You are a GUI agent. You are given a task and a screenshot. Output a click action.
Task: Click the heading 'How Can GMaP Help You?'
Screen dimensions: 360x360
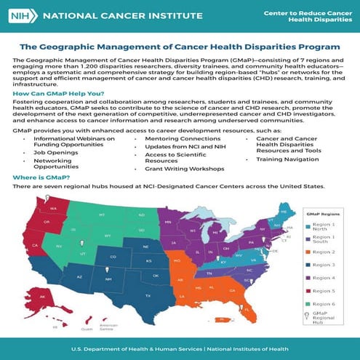[x=58, y=95]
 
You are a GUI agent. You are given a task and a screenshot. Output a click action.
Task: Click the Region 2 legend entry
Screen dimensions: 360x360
[x=321, y=252]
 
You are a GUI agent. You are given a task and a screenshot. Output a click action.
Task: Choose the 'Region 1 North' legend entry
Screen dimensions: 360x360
[x=321, y=227]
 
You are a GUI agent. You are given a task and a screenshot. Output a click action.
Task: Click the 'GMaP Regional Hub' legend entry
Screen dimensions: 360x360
[x=321, y=318]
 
